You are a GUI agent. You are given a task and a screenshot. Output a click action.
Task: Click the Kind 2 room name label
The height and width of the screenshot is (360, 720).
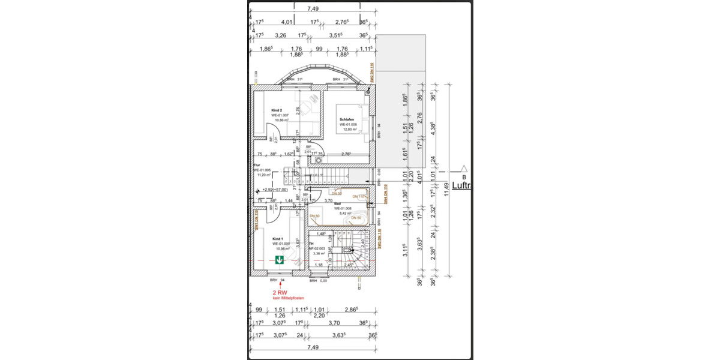point(277,110)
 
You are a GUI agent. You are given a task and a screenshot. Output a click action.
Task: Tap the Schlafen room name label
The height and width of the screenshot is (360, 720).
point(347,119)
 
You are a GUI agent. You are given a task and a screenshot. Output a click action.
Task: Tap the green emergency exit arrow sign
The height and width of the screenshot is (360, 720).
point(280,259)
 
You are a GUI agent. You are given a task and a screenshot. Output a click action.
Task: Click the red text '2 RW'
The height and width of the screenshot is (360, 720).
point(281,292)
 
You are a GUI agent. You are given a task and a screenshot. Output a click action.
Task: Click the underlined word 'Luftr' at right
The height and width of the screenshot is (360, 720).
point(461,186)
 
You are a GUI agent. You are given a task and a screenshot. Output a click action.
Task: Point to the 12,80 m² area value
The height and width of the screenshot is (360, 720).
point(349,130)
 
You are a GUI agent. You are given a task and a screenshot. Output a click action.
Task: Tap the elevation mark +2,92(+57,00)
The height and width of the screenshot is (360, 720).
point(271,190)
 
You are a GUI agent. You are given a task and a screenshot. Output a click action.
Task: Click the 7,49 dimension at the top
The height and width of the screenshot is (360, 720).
point(313,8)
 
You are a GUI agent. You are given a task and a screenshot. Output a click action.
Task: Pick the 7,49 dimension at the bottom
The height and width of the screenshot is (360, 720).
point(312,347)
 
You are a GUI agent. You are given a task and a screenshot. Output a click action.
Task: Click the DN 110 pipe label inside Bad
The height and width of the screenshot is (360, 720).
point(359,197)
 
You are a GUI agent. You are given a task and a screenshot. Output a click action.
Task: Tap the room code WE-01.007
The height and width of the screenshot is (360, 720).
point(280,115)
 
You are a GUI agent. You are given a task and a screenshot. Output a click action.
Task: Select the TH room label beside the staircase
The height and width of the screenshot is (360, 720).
point(311,244)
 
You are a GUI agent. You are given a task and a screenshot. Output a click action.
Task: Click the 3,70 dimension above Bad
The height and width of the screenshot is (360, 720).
point(329,200)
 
